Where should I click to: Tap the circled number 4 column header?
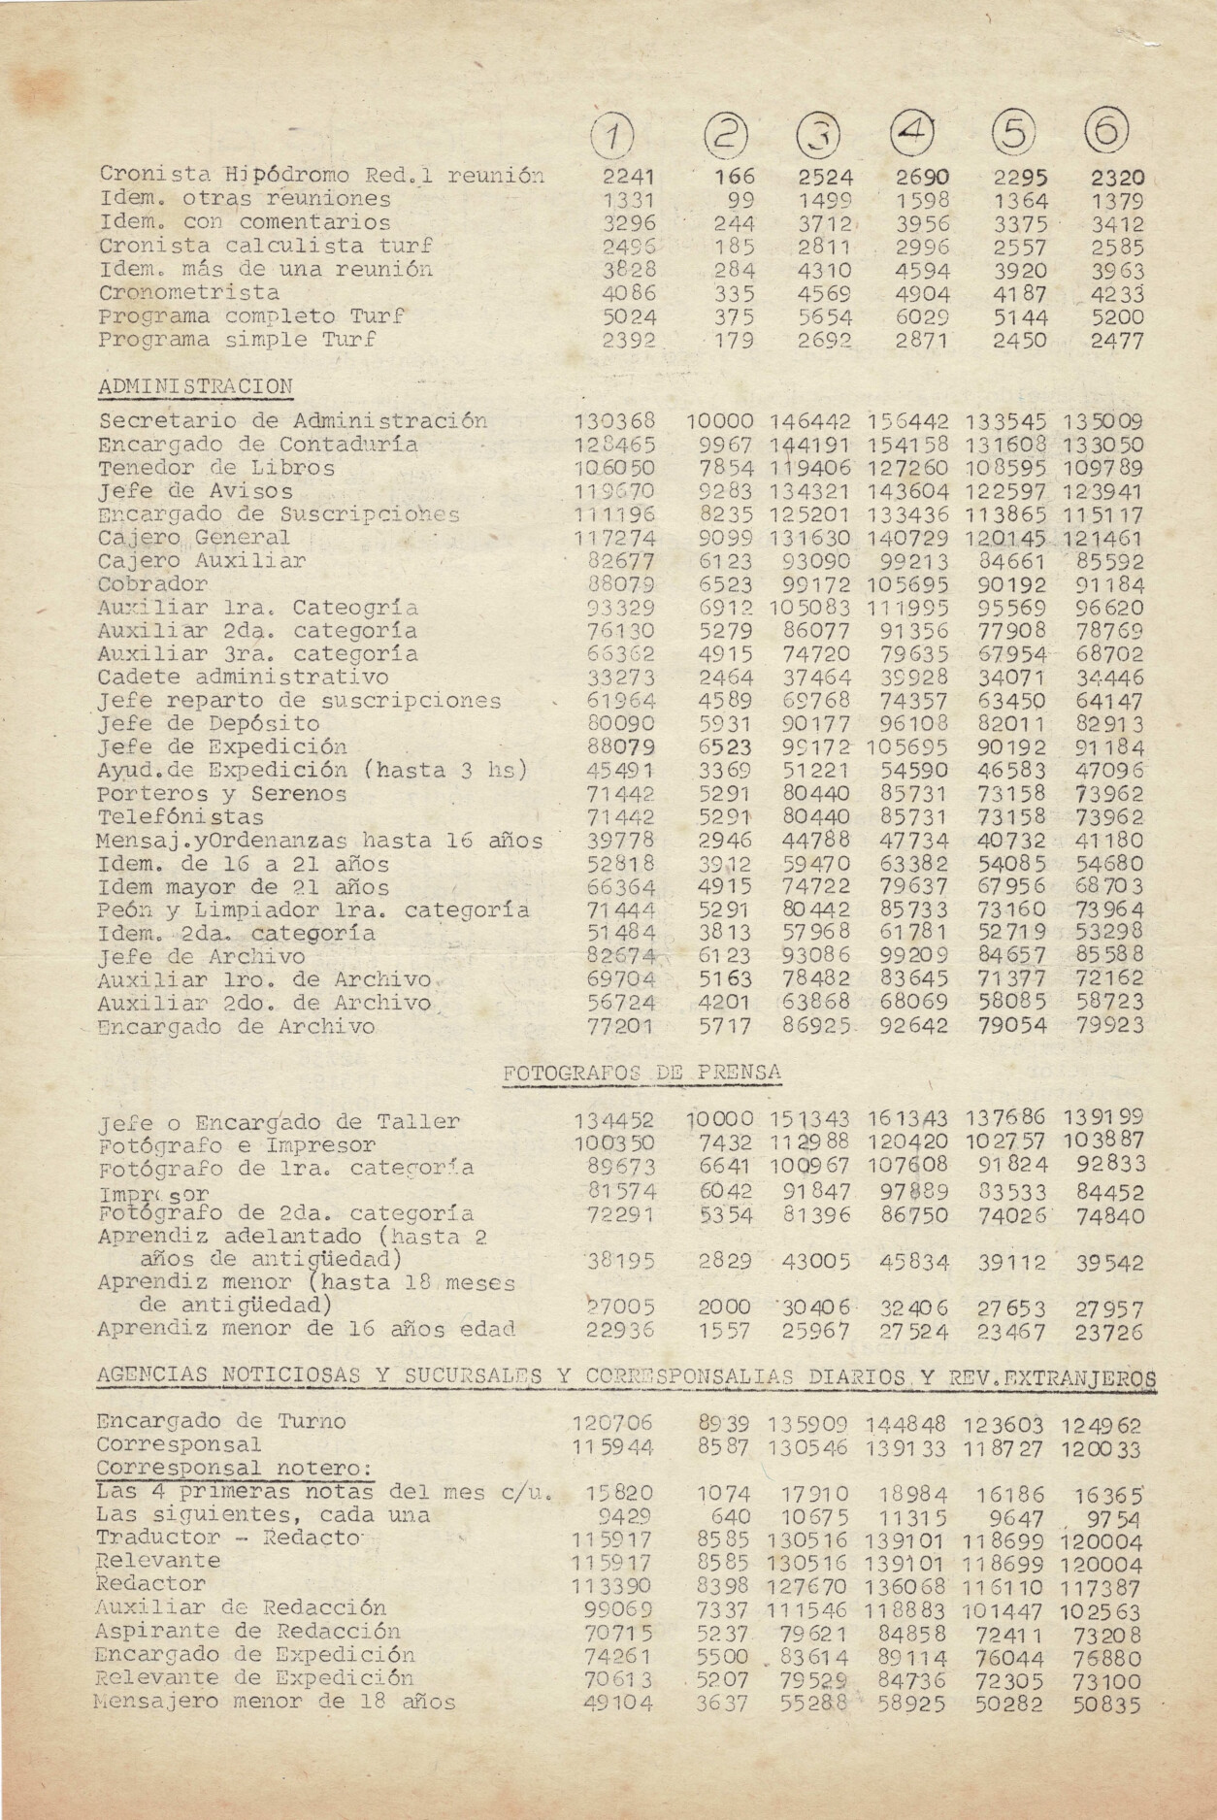[916, 133]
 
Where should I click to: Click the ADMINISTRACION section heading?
[195, 386]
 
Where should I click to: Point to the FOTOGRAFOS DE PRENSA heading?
[642, 1073]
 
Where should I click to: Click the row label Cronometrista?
[189, 293]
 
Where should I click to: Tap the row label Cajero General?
[193, 538]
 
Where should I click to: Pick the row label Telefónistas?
[181, 817]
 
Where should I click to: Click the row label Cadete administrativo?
[243, 678]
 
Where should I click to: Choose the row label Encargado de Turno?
[220, 1422]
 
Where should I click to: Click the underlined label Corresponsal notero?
[235, 1469]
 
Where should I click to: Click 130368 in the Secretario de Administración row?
[615, 422]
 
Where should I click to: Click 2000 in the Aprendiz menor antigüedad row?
[724, 1307]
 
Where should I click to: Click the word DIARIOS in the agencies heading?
[855, 1376]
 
